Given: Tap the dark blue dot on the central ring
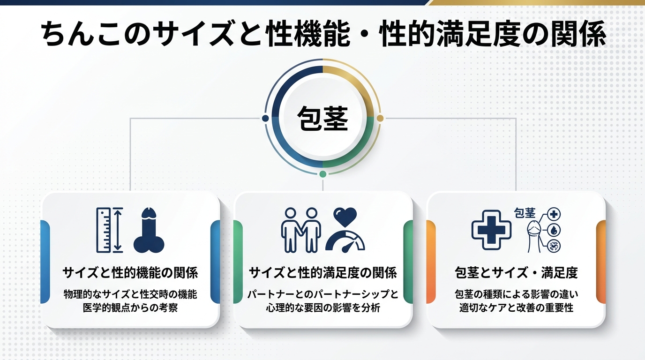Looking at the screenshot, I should tap(266, 118).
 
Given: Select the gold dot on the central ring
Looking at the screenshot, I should tap(380, 118).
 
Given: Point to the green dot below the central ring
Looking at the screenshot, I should tap(322, 174).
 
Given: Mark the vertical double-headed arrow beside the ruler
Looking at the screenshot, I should tap(118, 230).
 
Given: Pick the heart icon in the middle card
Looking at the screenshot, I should tap(345, 217).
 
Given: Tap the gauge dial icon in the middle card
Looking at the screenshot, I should tap(345, 240).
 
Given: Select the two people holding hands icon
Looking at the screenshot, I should tap(300, 230).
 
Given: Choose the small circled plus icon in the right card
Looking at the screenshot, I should tap(554, 215).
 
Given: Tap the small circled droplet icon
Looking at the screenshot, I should tap(554, 230).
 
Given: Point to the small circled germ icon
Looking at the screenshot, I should tap(554, 245).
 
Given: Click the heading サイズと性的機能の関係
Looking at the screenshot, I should tap(130, 273).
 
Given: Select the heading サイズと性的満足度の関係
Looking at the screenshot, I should tap(322, 273).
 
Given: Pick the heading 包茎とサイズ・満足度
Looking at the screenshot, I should tap(516, 273).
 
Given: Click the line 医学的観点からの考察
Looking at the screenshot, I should tap(130, 308).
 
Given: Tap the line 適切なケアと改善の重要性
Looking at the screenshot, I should tap(516, 308).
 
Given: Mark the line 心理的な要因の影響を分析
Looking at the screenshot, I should tap(322, 308).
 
